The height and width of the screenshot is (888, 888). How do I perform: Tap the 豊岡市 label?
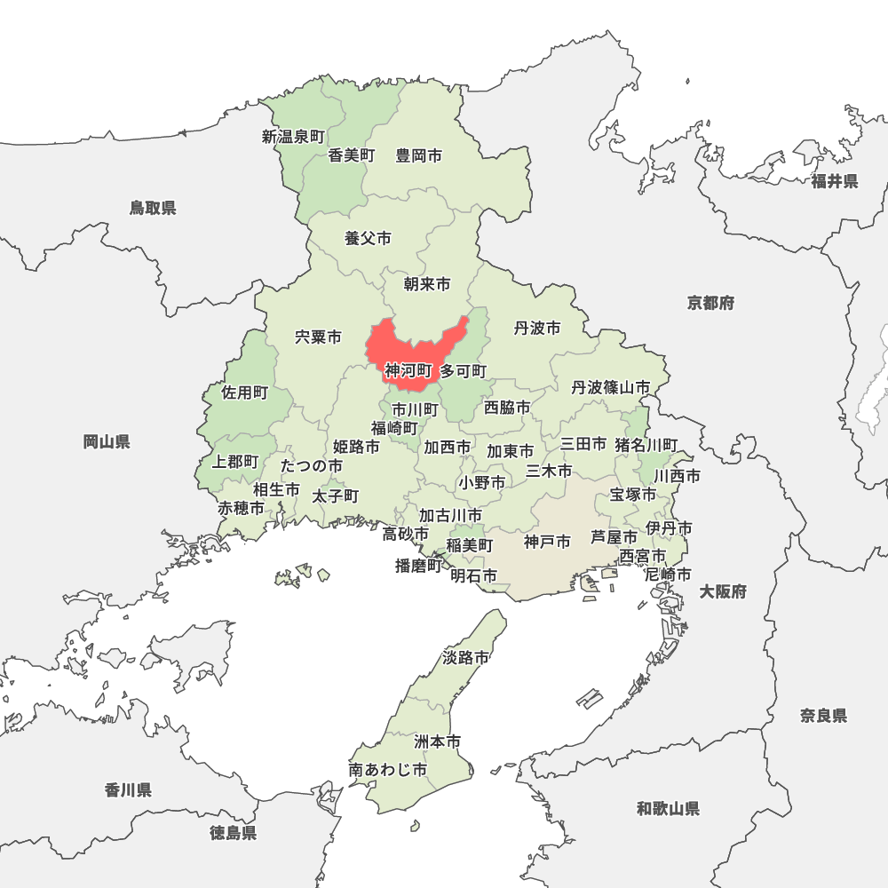pyautogui.click(x=419, y=156)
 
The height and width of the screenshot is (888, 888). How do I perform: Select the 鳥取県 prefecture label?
pyautogui.click(x=153, y=208)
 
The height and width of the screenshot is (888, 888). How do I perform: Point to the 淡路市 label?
pyautogui.click(x=465, y=658)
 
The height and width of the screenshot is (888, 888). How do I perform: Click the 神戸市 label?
pyautogui.click(x=547, y=542)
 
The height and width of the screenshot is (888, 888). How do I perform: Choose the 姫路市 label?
pyautogui.click(x=356, y=447)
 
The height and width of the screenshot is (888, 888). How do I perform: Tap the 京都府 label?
pyautogui.click(x=710, y=303)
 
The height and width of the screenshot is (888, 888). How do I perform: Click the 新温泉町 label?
pyautogui.click(x=293, y=137)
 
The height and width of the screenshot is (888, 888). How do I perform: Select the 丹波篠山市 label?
pyautogui.click(x=610, y=388)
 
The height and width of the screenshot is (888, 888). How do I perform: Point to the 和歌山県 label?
pyautogui.click(x=668, y=808)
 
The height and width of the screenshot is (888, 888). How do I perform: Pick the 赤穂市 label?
pyautogui.click(x=242, y=509)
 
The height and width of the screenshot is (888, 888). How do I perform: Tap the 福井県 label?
pyautogui.click(x=834, y=181)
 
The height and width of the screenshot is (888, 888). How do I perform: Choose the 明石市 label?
pyautogui.click(x=473, y=576)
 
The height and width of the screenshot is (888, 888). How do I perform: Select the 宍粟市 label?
pyautogui.click(x=318, y=337)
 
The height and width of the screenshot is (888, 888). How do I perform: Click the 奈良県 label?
pyautogui.click(x=823, y=716)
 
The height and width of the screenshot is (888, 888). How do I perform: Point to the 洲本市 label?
pyautogui.click(x=438, y=741)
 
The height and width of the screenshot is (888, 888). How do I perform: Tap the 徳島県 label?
pyautogui.click(x=234, y=833)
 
